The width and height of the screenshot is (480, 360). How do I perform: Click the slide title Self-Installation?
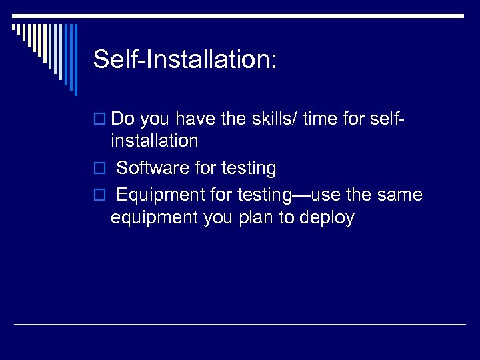click(x=184, y=60)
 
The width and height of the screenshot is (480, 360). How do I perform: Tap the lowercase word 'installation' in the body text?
click(x=155, y=141)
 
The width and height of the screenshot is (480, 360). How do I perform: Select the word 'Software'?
click(x=153, y=168)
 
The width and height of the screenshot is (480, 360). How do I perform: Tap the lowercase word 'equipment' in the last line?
click(x=154, y=218)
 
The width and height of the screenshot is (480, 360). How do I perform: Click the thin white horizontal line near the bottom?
click(x=240, y=325)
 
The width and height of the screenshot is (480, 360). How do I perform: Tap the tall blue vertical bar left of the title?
click(x=75, y=60)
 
